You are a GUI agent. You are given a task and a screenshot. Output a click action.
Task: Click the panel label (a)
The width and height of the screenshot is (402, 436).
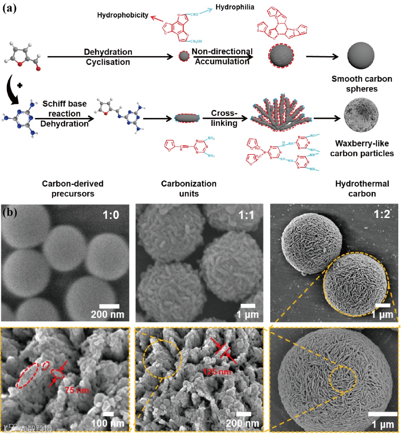coord(9,8)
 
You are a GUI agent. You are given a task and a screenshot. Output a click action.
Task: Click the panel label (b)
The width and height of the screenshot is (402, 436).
coord(10,213)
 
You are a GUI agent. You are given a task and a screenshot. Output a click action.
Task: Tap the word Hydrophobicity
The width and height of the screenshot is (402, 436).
coord(122,15)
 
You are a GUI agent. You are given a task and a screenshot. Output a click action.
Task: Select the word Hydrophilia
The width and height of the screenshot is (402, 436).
coord(235,7)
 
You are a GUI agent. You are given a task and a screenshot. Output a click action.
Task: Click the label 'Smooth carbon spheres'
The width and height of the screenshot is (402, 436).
coord(362,84)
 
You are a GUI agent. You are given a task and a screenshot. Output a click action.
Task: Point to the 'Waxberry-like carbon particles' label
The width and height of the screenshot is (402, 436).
coord(362,148)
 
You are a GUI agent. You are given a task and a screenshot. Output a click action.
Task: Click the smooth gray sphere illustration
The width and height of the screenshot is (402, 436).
coord(360,56)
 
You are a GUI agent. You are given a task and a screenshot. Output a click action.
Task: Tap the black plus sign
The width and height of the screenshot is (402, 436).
coord(20,85)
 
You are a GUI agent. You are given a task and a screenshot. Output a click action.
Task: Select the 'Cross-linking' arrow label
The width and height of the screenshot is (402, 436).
coord(224,118)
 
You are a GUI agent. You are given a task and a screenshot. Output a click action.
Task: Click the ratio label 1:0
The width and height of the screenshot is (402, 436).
coord(111,215)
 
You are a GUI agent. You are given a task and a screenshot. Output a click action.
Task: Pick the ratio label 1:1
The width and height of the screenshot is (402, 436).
coord(246,215)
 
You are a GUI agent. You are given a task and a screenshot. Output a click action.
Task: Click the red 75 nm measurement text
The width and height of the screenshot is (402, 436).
coord(77,390)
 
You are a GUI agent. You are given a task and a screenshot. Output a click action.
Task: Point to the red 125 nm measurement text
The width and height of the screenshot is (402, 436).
coord(217,371)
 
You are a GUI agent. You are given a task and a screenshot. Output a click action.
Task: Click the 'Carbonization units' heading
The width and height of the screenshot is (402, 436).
coord(189,189)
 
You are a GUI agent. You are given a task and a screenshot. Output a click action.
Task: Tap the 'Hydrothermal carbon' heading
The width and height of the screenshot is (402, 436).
coord(362,189)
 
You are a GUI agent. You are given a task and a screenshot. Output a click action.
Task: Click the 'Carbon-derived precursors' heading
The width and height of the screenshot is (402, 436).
coord(73,189)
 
